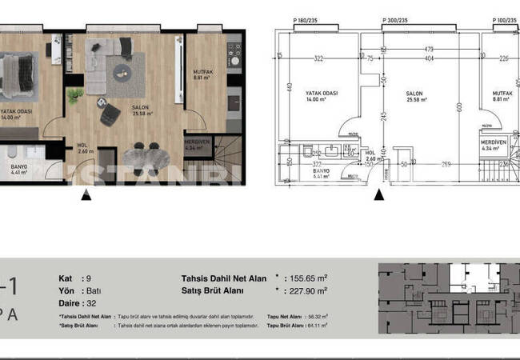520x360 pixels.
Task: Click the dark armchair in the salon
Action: tap(107, 117)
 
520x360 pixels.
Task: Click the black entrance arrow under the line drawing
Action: tap(377, 192)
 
